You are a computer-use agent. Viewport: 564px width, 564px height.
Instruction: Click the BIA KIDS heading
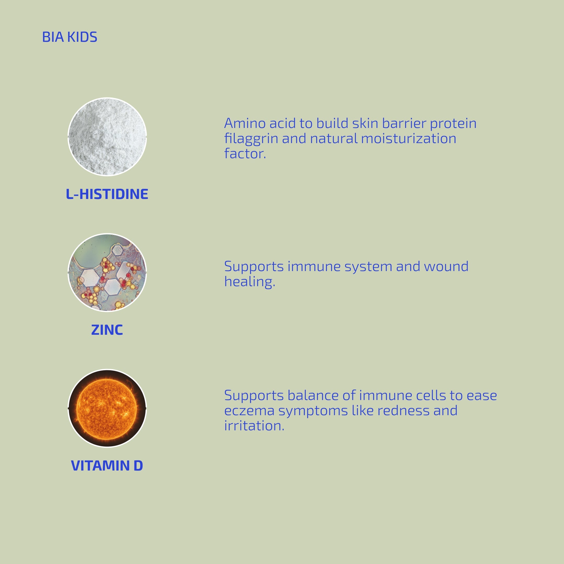[x=69, y=37]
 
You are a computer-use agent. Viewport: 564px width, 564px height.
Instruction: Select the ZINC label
[x=107, y=330]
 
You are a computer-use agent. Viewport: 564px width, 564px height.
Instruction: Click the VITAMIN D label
[x=107, y=465]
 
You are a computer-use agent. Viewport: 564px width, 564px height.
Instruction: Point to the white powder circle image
[x=107, y=137]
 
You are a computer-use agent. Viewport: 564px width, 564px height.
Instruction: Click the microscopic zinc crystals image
[x=107, y=272]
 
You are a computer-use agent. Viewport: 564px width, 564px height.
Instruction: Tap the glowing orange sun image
[x=107, y=408]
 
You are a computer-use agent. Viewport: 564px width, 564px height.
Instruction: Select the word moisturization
[x=408, y=138]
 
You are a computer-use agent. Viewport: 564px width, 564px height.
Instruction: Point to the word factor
[x=245, y=154]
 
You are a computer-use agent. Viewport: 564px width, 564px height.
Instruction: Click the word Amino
[x=245, y=123]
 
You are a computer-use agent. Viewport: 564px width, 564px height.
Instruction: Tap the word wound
[x=446, y=266]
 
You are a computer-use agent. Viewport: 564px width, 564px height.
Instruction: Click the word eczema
[x=249, y=411]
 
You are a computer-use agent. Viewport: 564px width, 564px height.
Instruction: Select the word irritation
[x=254, y=425]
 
